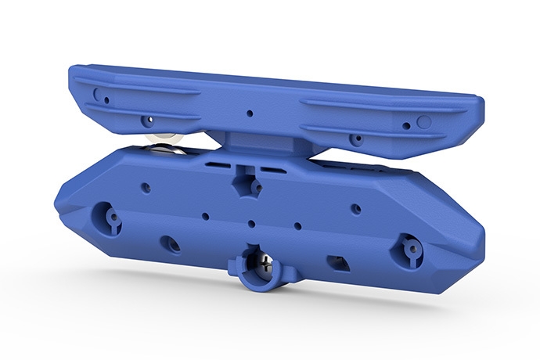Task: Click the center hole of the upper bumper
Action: (250, 113)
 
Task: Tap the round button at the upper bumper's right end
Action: (424, 121)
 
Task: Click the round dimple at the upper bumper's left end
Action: (96, 93)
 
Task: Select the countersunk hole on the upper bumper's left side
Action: (145, 121)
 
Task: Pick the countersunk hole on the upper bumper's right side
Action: (356, 139)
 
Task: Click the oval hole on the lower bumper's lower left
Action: (170, 243)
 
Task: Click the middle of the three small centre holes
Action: (251, 224)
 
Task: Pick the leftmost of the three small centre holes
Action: (205, 216)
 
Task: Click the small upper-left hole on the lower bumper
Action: (146, 187)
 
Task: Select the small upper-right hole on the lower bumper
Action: (355, 208)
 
